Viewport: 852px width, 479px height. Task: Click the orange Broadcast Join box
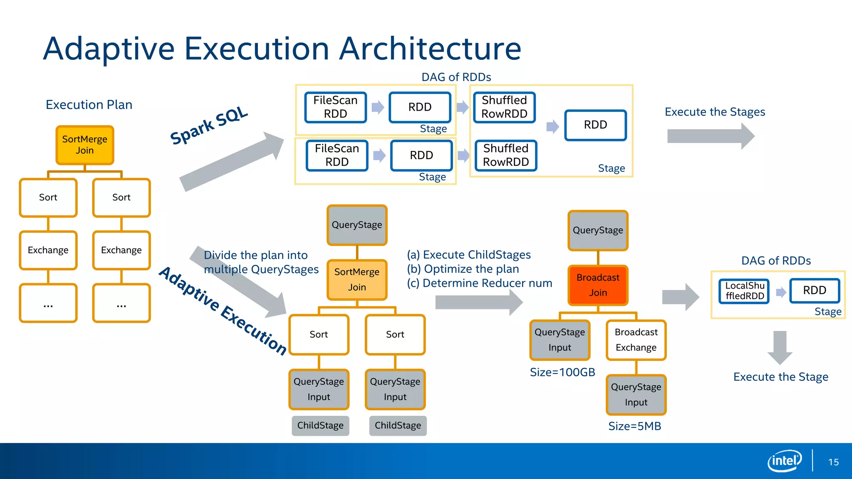click(598, 285)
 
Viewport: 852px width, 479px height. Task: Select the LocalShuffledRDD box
click(744, 291)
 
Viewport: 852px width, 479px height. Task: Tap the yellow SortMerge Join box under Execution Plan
click(85, 145)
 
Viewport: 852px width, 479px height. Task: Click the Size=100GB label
click(562, 372)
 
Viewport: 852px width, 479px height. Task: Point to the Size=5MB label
click(634, 426)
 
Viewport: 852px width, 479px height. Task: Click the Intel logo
click(784, 461)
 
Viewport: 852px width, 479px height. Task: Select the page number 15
click(833, 462)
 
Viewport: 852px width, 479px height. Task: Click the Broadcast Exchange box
click(636, 340)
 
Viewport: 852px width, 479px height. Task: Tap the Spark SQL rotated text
click(209, 125)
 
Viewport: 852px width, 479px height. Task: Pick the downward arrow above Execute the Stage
click(780, 347)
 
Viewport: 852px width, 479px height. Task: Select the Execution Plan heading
click(89, 105)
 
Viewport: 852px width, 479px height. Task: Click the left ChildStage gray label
click(320, 425)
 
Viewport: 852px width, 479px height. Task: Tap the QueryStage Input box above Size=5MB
click(636, 395)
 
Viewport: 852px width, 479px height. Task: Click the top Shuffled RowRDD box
click(504, 107)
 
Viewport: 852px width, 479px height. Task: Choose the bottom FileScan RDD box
click(337, 156)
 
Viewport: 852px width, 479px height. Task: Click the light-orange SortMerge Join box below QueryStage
click(357, 279)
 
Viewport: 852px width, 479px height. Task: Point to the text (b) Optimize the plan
click(463, 269)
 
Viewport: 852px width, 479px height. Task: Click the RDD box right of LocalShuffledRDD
click(814, 290)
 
